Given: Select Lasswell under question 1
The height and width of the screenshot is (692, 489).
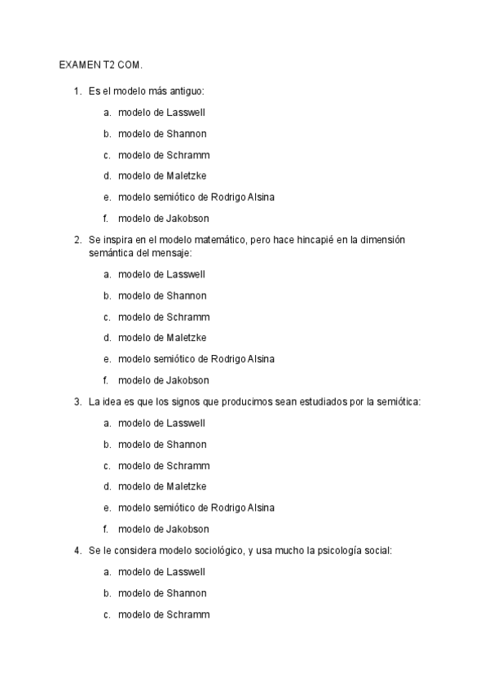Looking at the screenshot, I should [x=186, y=113].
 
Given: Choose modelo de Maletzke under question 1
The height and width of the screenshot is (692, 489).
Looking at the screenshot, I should [x=161, y=176].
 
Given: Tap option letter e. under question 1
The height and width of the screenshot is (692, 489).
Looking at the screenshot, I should [x=107, y=197].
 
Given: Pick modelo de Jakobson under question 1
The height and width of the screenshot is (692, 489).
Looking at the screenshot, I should [x=163, y=219].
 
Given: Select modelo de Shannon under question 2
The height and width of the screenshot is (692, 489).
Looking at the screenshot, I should [x=161, y=295].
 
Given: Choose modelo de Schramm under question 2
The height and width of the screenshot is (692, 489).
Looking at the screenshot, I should [x=163, y=317].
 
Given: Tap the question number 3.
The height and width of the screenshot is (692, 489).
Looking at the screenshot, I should [x=77, y=401].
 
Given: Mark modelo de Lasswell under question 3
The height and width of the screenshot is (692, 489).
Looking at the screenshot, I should [x=161, y=423].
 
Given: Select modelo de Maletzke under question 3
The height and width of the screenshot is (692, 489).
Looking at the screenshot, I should [x=161, y=486].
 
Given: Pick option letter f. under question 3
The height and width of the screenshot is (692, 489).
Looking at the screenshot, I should [x=106, y=529].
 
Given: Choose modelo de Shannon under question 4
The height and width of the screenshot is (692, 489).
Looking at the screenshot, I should [x=161, y=593].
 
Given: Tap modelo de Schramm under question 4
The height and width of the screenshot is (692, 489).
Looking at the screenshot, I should [x=163, y=614].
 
